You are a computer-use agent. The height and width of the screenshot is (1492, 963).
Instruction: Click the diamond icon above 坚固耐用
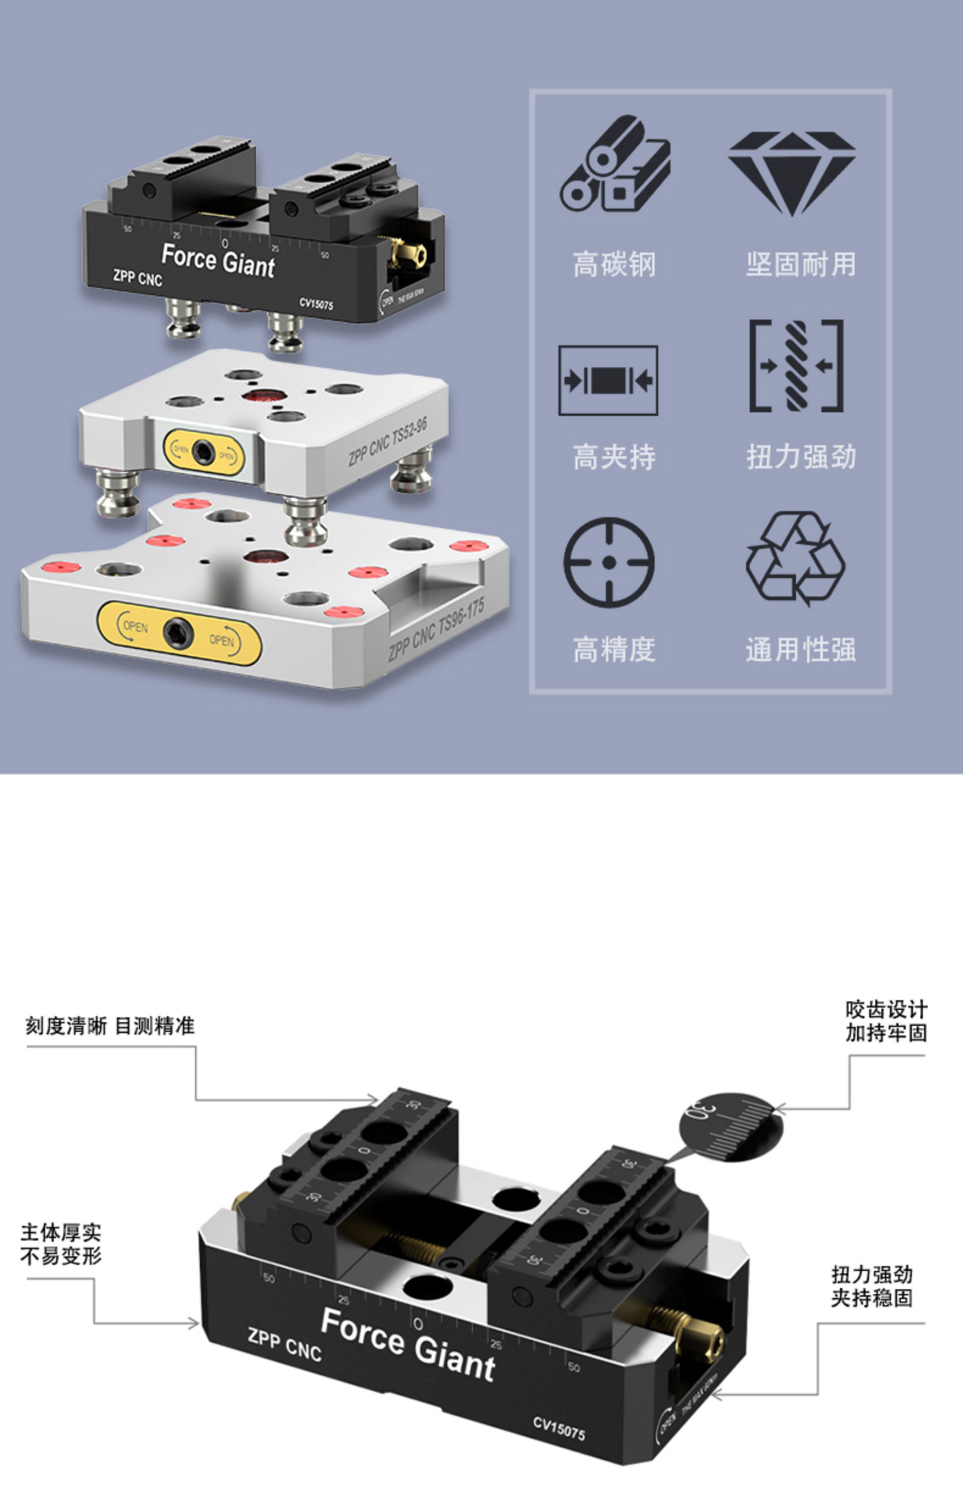792,173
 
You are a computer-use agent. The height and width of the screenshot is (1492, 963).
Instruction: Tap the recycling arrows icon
795,559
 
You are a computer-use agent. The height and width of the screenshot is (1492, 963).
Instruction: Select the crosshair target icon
608,562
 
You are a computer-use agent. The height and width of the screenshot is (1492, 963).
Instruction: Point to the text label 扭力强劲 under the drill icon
801,457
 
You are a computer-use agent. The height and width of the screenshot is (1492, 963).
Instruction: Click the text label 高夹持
614,457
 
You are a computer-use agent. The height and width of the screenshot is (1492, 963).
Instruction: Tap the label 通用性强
801,649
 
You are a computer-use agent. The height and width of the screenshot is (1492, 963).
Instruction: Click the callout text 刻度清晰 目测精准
110,1026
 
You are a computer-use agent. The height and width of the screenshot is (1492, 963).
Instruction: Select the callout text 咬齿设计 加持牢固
886,1021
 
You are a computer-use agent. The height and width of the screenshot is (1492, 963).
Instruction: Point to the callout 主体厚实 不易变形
61,1244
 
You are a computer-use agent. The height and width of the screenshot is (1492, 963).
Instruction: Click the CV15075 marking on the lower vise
559,1428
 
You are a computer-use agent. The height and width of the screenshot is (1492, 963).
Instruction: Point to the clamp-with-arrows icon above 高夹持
608,380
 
